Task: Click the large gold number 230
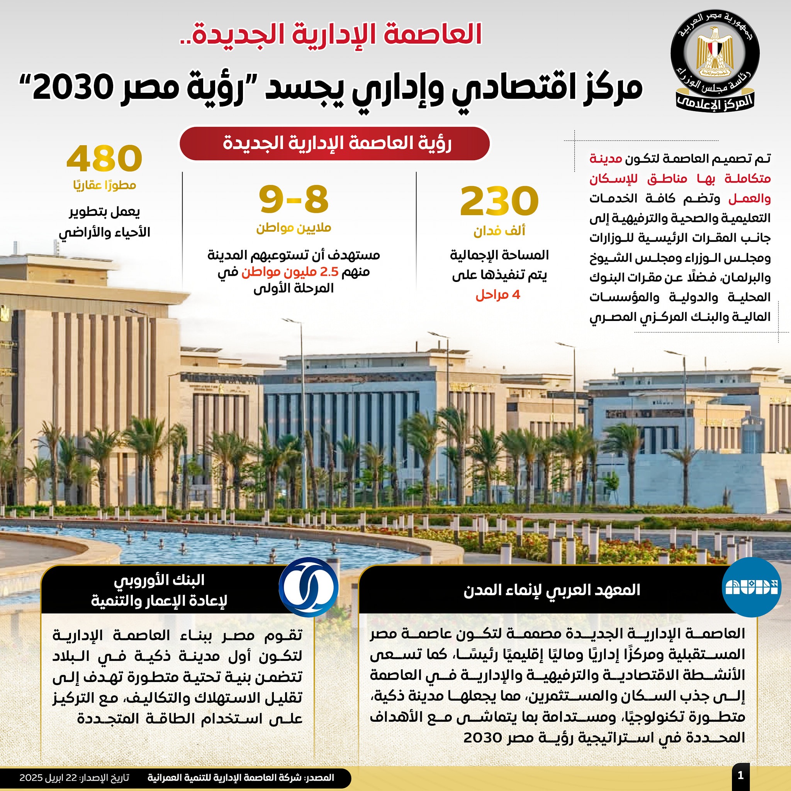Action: click(499, 202)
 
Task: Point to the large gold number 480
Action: click(104, 158)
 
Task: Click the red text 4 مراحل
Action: click(497, 295)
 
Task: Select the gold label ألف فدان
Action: click(499, 231)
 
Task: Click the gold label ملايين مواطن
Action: click(294, 227)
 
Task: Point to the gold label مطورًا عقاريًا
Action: click(104, 185)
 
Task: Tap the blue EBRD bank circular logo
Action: click(308, 587)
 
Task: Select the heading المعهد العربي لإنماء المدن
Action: click(552, 590)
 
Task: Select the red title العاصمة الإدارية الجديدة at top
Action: click(331, 34)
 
